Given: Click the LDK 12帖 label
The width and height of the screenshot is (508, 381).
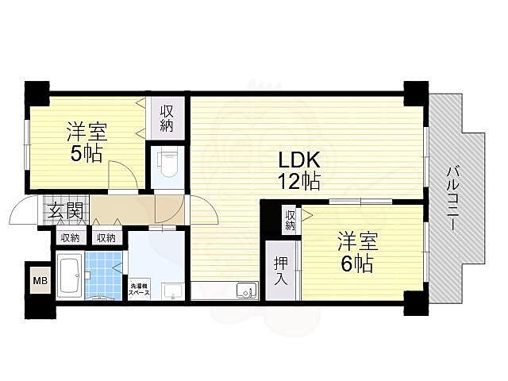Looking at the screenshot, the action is (299, 171).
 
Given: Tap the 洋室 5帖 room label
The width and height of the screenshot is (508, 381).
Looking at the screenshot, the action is (87, 141).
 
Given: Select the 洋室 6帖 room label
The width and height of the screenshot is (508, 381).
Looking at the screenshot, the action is (358, 252).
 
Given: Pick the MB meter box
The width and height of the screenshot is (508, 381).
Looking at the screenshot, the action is (40, 280).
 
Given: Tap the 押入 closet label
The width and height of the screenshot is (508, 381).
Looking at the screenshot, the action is (281, 271).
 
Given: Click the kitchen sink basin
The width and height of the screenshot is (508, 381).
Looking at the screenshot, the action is (247, 290).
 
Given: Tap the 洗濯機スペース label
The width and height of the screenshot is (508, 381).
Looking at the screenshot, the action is (139, 290).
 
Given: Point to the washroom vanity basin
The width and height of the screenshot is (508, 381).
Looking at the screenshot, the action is (173, 291).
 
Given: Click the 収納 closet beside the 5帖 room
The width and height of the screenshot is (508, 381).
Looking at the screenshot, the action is (167, 118).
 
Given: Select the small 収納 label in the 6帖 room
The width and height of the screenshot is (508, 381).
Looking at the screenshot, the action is (290, 221).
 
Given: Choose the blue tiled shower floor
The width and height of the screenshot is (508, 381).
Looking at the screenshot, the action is (103, 275).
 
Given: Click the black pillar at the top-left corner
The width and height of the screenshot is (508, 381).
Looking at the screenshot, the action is (37, 94).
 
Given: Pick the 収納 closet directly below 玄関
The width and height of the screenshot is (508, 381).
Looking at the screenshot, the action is (71, 238).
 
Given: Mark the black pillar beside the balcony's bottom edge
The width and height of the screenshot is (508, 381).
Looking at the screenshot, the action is (416, 303).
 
